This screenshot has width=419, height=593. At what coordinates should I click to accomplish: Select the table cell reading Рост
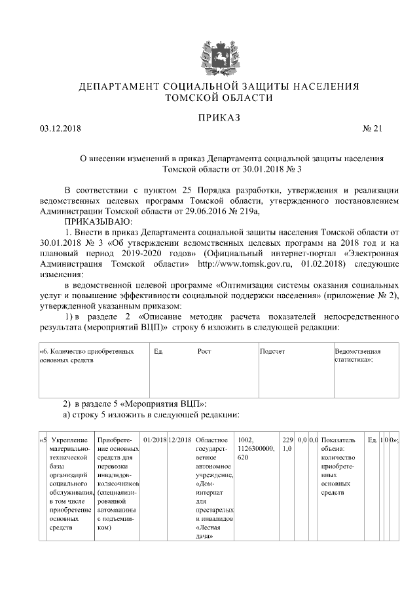[x=204, y=352]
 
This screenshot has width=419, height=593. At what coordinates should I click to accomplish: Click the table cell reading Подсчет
[x=272, y=352]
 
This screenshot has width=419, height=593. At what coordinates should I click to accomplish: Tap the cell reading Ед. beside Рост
[x=158, y=352]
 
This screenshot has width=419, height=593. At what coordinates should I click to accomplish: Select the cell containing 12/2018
[x=179, y=438]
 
